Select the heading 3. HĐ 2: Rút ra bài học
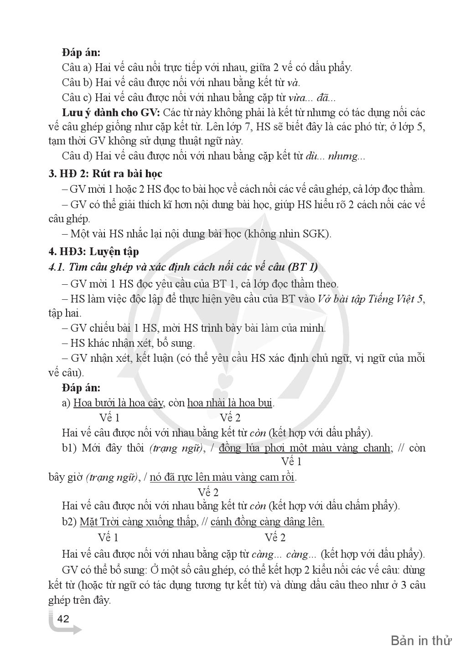pyautogui.click(x=105, y=174)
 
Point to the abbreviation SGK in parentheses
pyautogui.click(x=314, y=234)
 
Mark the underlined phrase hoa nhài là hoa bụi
pyautogui.click(x=230, y=403)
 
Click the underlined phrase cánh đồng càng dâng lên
pyautogui.click(x=267, y=522)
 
